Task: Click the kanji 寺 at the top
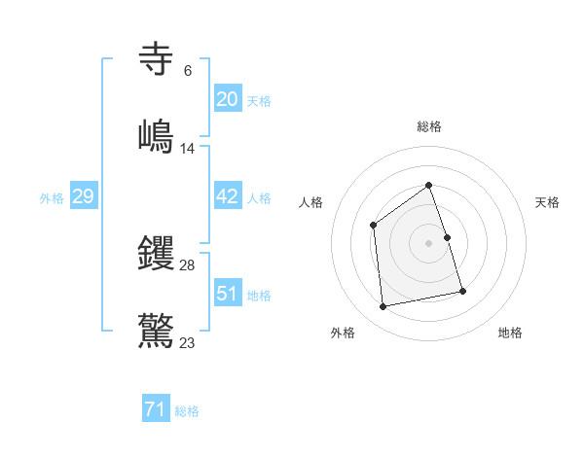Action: click(x=157, y=58)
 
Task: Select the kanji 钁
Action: click(x=157, y=253)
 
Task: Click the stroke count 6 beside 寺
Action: click(x=188, y=71)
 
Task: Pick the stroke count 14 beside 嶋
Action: click(x=188, y=149)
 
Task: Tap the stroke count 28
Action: click(x=188, y=265)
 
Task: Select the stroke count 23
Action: click(x=188, y=343)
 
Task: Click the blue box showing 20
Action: click(x=227, y=99)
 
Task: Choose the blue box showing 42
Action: click(x=227, y=196)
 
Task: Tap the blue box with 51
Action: click(x=227, y=294)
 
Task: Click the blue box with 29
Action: click(x=83, y=196)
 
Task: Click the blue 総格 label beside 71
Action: click(x=187, y=412)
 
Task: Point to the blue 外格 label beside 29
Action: click(x=52, y=198)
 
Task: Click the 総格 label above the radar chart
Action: click(x=428, y=126)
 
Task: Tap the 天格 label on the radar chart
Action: click(x=547, y=202)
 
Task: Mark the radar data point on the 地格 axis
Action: click(x=462, y=291)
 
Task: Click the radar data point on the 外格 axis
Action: click(x=383, y=306)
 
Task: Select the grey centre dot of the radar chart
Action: click(x=428, y=243)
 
